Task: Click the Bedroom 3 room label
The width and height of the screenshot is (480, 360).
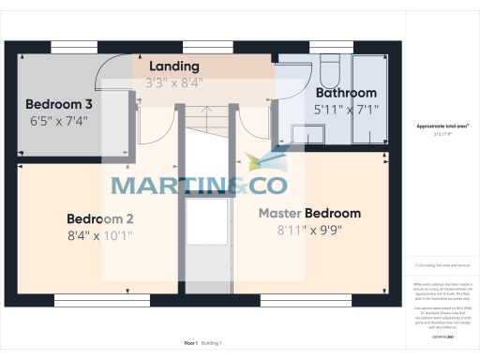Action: coord(58,103)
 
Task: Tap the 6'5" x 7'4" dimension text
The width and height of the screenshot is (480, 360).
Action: coord(58,121)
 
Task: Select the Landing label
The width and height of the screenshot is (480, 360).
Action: coord(173,67)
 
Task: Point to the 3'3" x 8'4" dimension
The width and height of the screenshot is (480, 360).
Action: coord(173,82)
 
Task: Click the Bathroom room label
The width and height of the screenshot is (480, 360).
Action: coord(346,93)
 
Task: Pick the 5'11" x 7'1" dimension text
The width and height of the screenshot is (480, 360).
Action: coord(346,110)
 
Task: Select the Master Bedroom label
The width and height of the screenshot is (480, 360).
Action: coord(309,213)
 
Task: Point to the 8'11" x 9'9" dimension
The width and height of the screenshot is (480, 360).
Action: coord(309,230)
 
